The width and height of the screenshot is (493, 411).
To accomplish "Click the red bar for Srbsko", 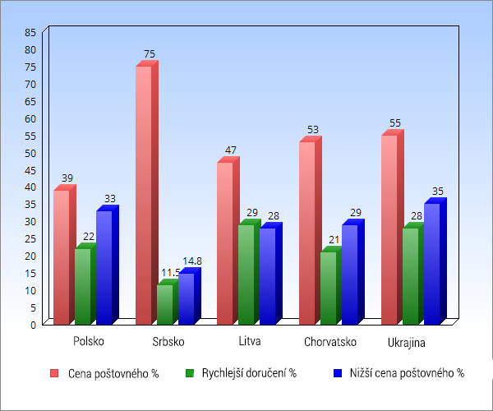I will click(144, 194).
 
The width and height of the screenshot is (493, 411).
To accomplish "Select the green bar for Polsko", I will click(82, 285).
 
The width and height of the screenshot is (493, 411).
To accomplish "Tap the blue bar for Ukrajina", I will click(431, 263).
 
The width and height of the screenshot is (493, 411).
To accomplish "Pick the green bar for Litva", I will click(246, 274).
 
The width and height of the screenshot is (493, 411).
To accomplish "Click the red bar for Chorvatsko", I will click(306, 233).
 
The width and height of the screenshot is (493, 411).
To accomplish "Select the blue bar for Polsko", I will click(104, 266).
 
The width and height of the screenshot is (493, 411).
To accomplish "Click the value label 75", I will click(150, 54).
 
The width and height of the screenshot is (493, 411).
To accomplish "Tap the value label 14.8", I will click(191, 261).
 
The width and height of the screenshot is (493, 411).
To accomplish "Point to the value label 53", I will click(313, 130).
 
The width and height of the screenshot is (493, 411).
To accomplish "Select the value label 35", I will click(437, 192).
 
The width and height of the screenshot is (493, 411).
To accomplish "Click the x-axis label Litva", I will click(250, 341).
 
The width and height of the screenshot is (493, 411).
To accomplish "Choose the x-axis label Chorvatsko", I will click(329, 341).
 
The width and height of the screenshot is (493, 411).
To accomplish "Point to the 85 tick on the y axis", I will click(31, 32).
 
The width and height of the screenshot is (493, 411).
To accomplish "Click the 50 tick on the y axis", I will click(31, 153).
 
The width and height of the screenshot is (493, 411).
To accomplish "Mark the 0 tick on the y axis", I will click(34, 325).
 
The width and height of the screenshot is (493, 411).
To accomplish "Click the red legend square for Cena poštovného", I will click(54, 373).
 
